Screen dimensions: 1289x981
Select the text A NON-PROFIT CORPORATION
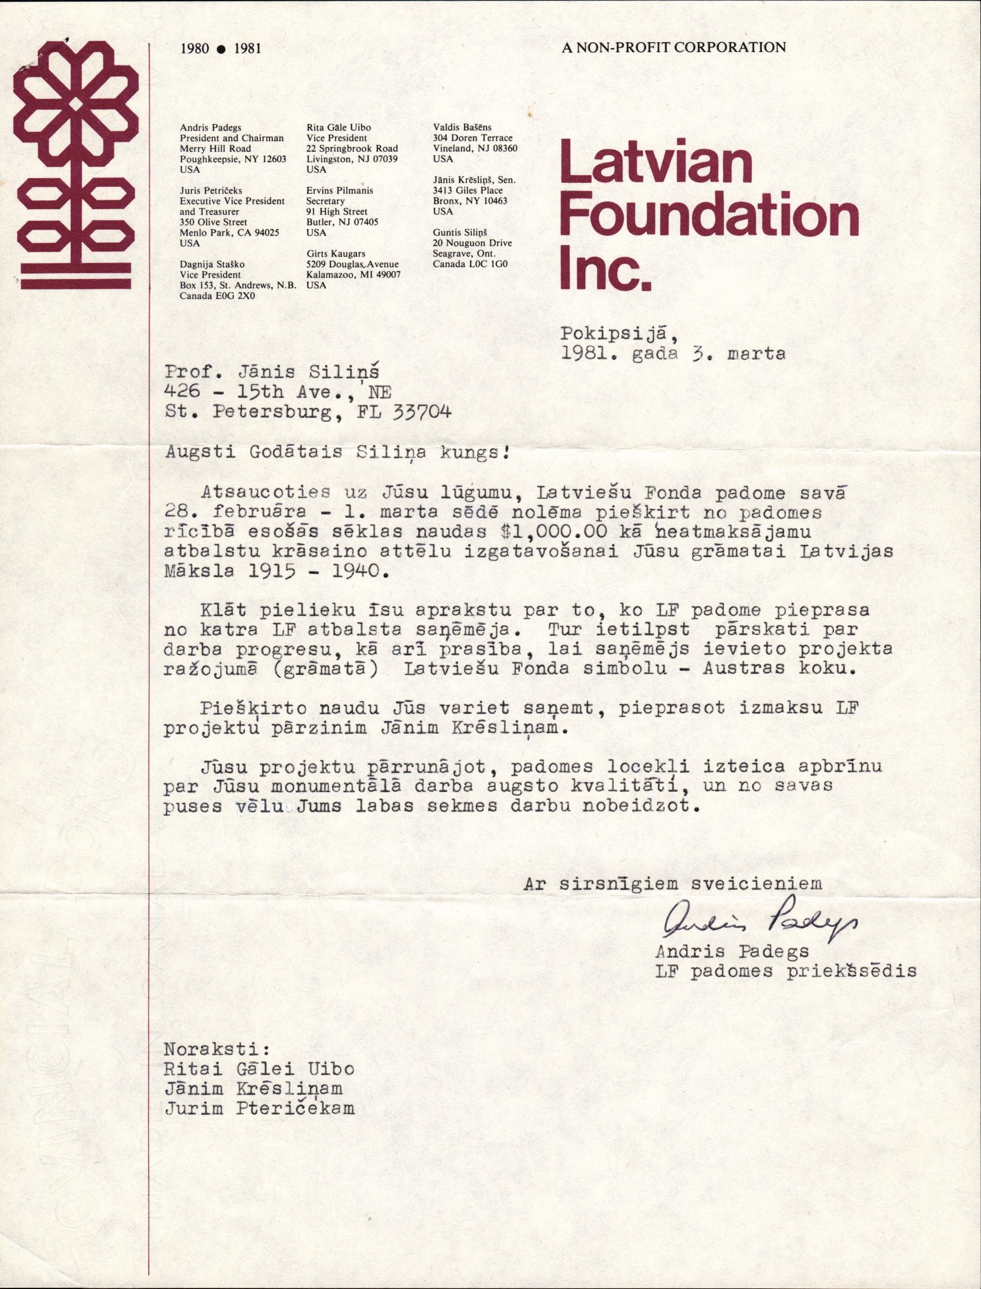point(673,48)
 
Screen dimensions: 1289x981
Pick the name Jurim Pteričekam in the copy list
point(259,1108)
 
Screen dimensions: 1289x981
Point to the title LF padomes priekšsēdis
point(786,971)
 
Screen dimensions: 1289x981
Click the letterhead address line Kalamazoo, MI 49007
point(353,275)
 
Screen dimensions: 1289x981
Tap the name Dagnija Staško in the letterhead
point(212,264)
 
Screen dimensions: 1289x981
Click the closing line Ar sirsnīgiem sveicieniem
point(673,884)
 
